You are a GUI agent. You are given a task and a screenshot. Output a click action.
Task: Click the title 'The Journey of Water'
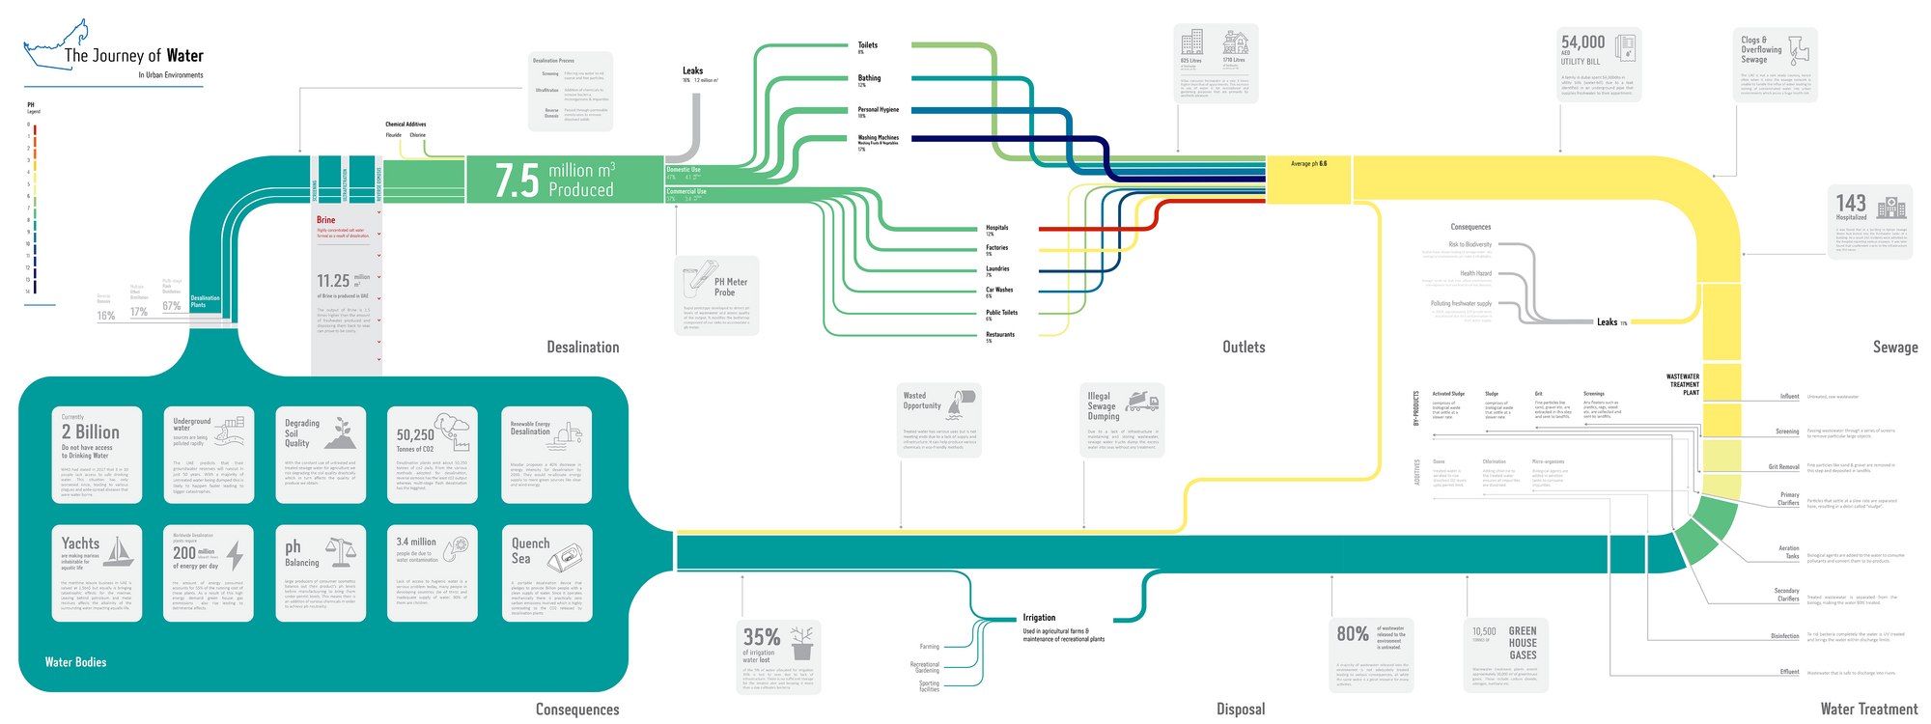[133, 56]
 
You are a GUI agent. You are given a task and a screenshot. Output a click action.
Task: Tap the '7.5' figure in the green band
[517, 181]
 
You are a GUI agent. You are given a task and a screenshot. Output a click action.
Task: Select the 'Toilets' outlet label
[868, 45]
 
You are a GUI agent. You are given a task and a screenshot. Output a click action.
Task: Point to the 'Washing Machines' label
[878, 138]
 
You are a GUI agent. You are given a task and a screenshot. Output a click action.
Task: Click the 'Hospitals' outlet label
[996, 228]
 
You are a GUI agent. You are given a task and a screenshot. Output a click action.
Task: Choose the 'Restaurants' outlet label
[999, 335]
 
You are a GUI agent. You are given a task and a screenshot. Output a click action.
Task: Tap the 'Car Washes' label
[999, 290]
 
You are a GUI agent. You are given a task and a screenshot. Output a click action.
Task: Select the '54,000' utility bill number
[1582, 42]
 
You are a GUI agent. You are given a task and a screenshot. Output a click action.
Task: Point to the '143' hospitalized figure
[1851, 203]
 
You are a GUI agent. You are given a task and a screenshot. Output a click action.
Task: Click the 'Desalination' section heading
[582, 348]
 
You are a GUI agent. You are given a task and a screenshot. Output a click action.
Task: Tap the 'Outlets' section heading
[1243, 348]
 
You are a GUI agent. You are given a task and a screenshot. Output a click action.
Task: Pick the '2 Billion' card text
[91, 432]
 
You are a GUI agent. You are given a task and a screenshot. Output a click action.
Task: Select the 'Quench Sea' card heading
[530, 550]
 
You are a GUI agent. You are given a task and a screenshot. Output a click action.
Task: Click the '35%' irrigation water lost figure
[761, 637]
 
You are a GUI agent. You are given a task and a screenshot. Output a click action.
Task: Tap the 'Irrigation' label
[1039, 618]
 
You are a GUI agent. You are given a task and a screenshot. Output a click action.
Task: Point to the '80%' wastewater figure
[1352, 634]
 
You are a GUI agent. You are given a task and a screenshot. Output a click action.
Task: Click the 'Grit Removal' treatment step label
[1783, 467]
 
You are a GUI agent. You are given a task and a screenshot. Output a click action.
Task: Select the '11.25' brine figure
[333, 281]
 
